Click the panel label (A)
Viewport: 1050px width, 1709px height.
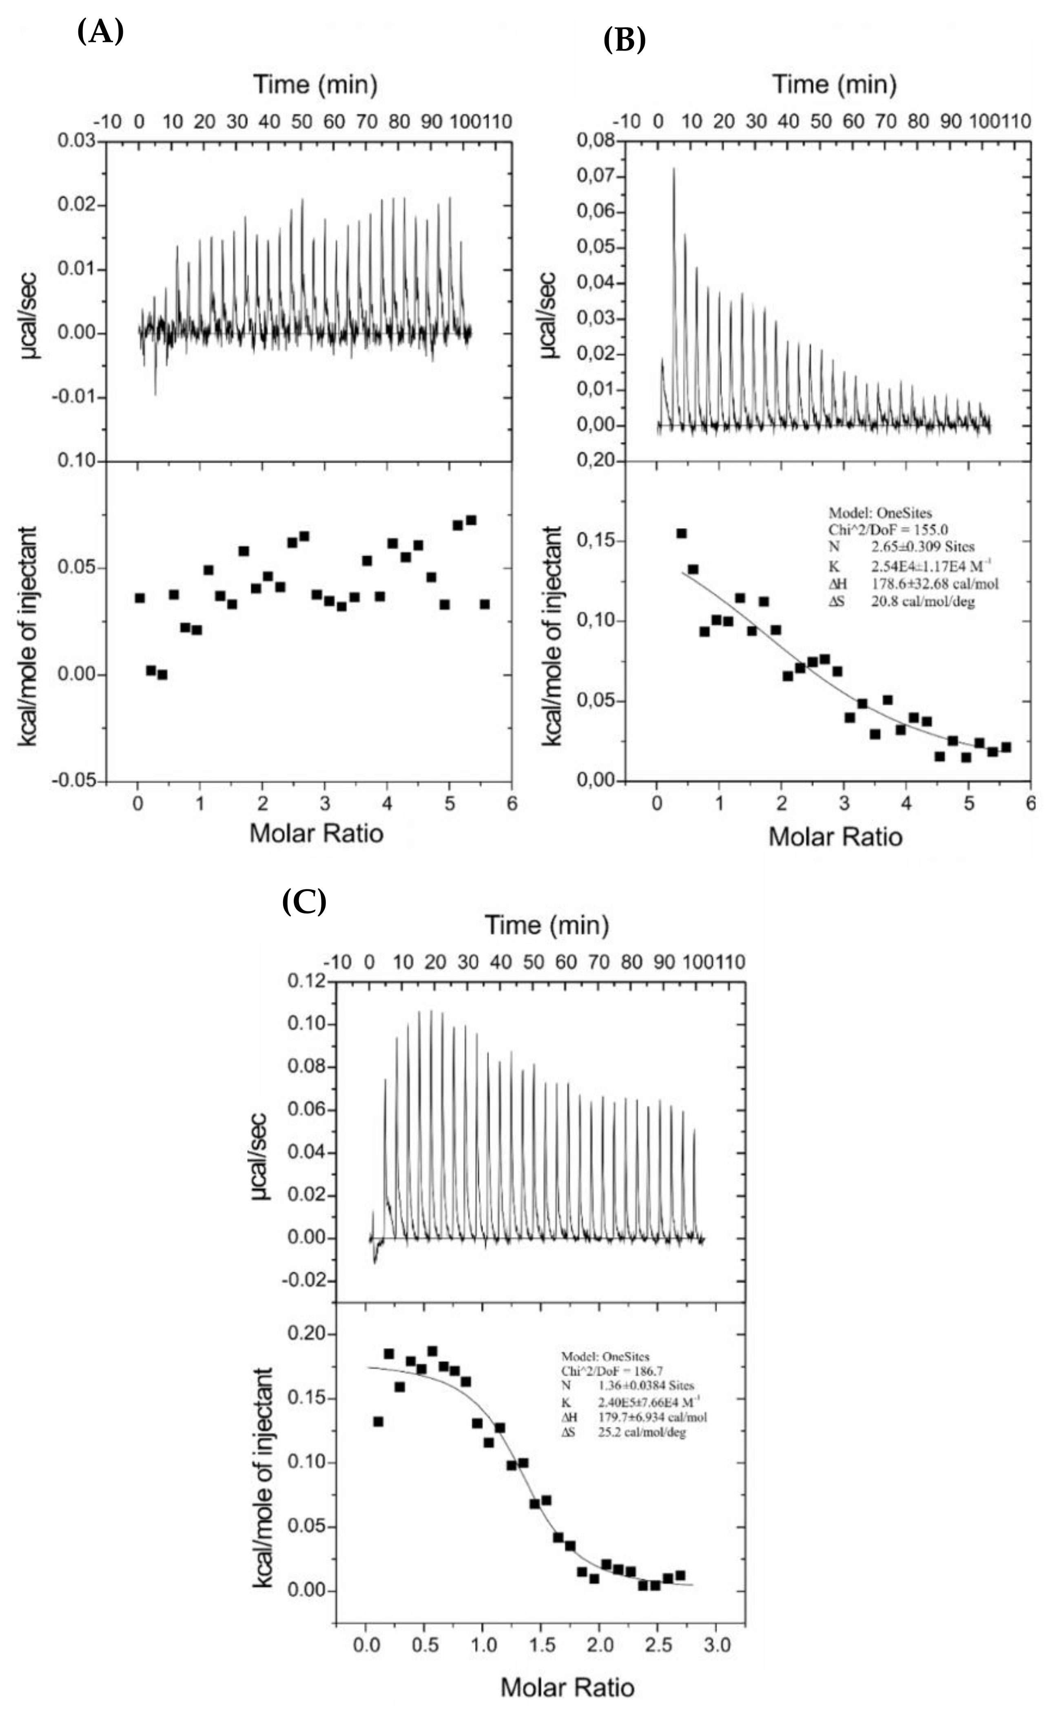101,32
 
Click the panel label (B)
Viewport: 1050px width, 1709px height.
624,40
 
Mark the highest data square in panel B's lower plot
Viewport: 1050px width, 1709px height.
681,533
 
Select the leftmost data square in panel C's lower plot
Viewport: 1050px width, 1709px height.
378,1416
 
